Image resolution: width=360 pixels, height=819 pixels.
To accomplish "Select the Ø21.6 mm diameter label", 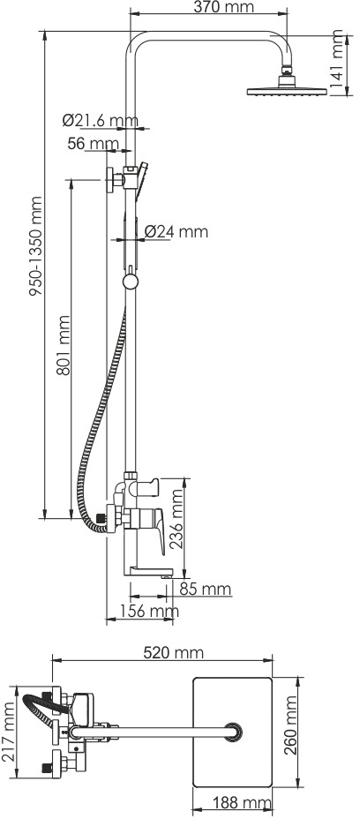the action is click(x=101, y=120).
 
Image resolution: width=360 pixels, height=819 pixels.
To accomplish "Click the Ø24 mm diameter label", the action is click(x=176, y=231).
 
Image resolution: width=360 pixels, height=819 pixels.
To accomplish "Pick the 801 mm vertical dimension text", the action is click(x=64, y=345).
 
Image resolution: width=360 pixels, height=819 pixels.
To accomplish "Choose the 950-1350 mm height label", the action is click(x=35, y=246).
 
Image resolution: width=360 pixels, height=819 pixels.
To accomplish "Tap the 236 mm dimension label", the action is click(x=177, y=518).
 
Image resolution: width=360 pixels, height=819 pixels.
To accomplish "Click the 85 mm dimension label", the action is click(x=206, y=589).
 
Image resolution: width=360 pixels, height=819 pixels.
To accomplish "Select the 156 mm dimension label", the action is click(x=148, y=611).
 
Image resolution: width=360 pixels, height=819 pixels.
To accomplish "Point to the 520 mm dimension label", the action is click(x=174, y=652).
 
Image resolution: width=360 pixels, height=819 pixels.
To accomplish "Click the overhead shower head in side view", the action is click(x=287, y=86).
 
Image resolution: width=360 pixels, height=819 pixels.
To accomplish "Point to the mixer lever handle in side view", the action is click(x=157, y=530).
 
